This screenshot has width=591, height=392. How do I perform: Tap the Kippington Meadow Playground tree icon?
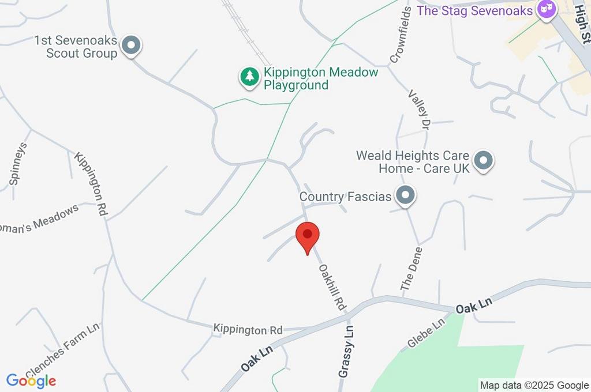[249, 77]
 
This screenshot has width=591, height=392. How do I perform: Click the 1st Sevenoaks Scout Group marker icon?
[132, 46]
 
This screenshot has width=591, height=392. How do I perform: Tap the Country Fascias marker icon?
[406, 195]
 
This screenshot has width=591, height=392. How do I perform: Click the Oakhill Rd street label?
[332, 285]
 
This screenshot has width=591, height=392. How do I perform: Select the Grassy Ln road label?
[346, 352]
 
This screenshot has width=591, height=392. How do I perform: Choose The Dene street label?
[413, 269]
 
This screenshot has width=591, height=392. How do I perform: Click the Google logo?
[31, 380]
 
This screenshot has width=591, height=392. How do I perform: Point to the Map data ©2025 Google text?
[534, 385]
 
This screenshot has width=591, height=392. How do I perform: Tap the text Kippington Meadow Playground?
[321, 79]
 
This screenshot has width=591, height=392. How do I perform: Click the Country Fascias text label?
[345, 197]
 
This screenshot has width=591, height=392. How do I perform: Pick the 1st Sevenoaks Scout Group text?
[76, 47]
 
